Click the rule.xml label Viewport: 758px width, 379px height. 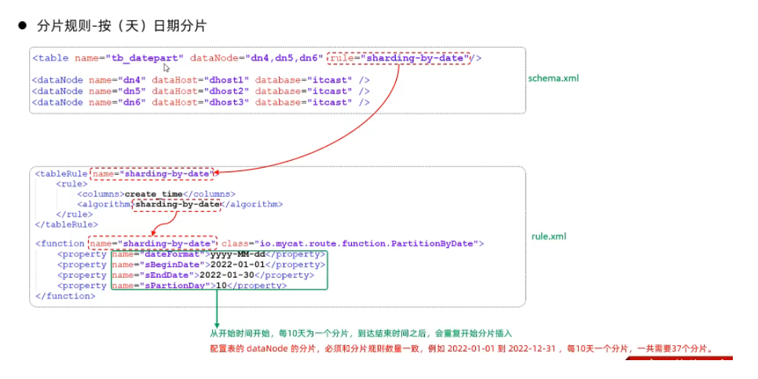pyautogui.click(x=548, y=236)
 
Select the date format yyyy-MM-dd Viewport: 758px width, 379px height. pyautogui.click(x=238, y=254)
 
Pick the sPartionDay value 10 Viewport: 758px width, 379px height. pyautogui.click(x=222, y=286)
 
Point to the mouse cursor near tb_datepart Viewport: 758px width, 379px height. pyautogui.click(x=166, y=68)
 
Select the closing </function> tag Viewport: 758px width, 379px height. pyautogui.click(x=65, y=297)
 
